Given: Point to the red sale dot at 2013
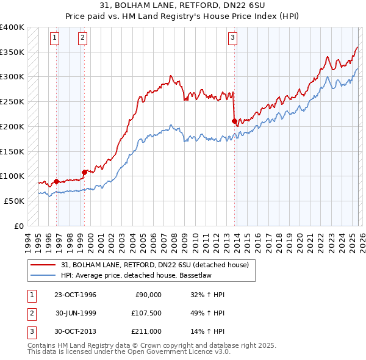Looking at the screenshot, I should click(x=234, y=121).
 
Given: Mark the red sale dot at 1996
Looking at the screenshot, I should click(x=57, y=181).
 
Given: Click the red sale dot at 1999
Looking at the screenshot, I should click(x=84, y=172).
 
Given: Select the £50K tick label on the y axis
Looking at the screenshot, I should click(x=15, y=201).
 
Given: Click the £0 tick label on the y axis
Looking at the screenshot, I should click(x=20, y=226).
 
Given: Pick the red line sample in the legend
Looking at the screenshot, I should click(x=43, y=265).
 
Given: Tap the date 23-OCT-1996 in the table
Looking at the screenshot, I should click(x=76, y=295).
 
